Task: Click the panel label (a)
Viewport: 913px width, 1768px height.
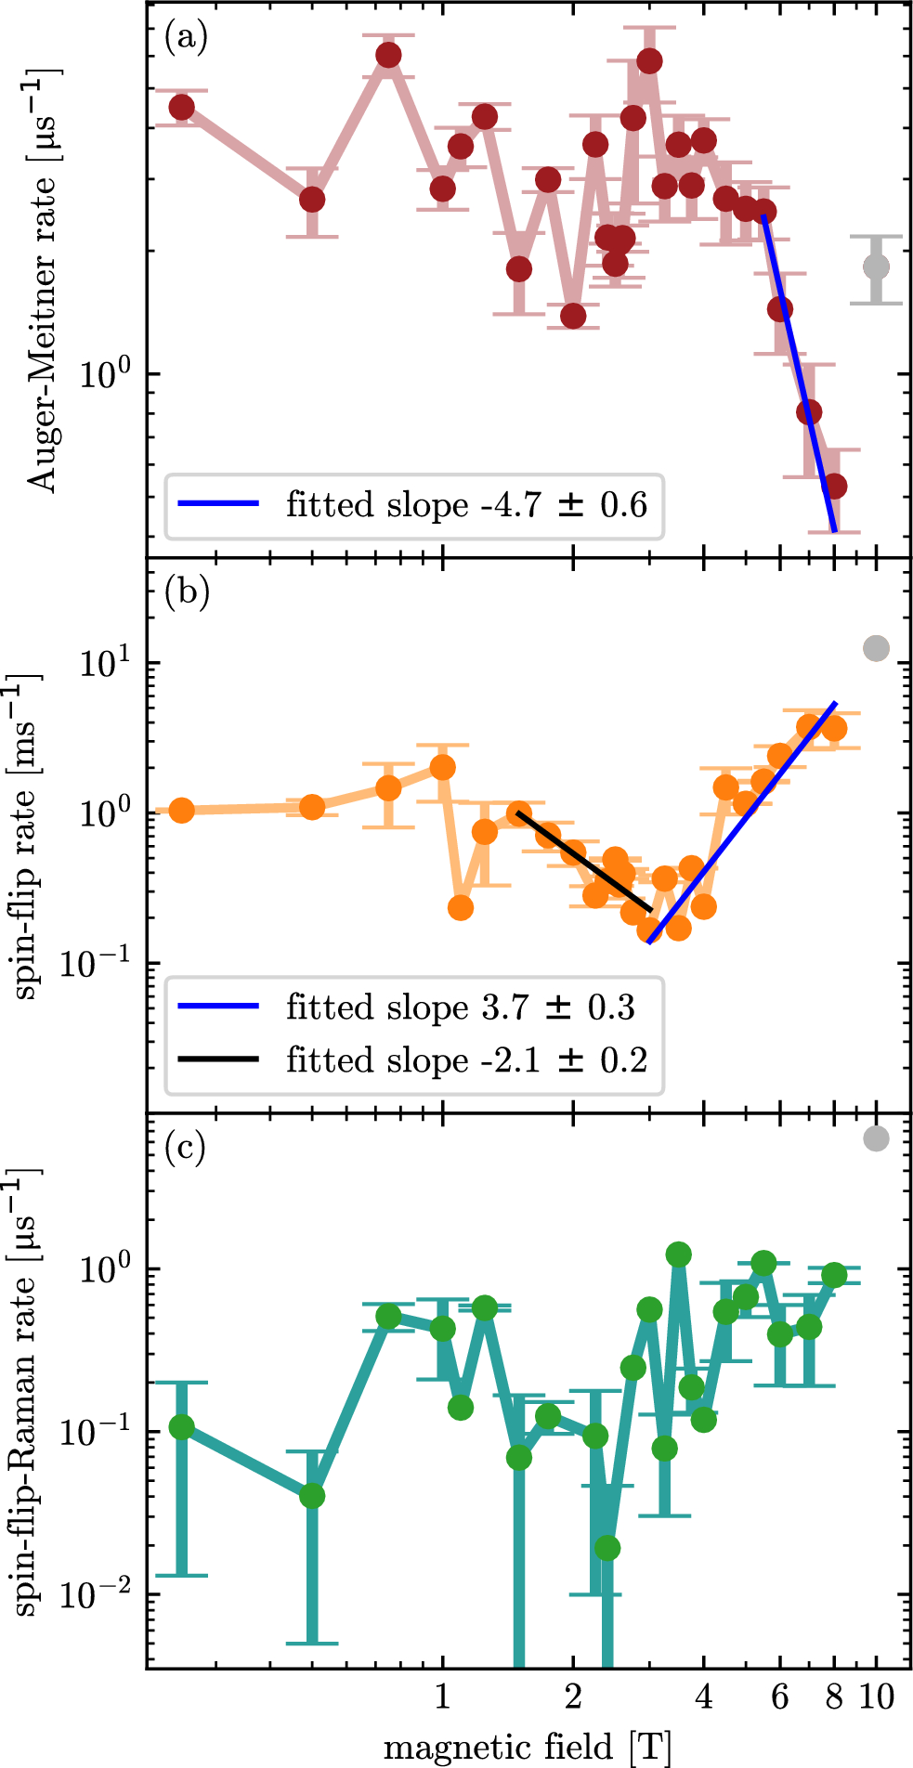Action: coord(186,38)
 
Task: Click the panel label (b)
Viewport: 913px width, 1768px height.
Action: coord(187,591)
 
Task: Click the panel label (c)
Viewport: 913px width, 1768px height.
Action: coord(186,1148)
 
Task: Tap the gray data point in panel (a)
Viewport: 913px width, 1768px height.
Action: coord(876,267)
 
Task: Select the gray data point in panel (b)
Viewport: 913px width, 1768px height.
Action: coord(876,648)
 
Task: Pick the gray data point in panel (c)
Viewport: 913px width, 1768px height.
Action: coord(876,1138)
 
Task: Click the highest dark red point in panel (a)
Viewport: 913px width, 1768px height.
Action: coord(389,56)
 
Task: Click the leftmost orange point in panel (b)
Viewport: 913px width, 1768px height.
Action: coord(182,810)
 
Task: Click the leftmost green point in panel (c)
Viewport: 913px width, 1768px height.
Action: coord(182,1427)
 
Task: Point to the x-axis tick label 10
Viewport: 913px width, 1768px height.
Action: coord(876,1697)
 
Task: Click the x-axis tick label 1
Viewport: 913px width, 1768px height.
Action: coord(442,1697)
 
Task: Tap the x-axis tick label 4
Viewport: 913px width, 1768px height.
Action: coord(703,1697)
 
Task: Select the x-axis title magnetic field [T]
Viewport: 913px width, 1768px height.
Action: coord(527,1747)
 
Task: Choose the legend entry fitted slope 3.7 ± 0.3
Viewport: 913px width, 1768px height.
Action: coord(461,1007)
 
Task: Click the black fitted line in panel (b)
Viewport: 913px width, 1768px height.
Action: coord(583,862)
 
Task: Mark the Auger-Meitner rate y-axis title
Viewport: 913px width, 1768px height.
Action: coord(42,279)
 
